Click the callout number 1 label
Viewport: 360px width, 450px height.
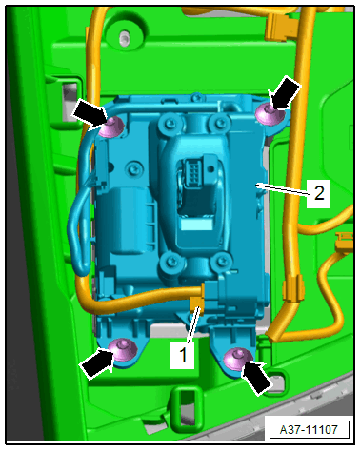pyautogui.click(x=183, y=354)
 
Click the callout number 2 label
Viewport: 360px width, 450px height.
pyautogui.click(x=319, y=193)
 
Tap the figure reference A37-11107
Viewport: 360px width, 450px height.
pyautogui.click(x=309, y=430)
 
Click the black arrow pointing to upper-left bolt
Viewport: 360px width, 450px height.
pyautogui.click(x=90, y=113)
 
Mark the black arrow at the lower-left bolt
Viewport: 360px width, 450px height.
pyautogui.click(x=98, y=362)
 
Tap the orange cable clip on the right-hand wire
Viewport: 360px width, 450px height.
pyautogui.click(x=293, y=289)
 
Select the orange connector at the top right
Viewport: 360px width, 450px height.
pyautogui.click(x=281, y=29)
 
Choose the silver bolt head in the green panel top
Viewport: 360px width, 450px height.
pyautogui.click(x=124, y=36)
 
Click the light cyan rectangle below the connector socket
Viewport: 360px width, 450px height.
pyautogui.click(x=197, y=225)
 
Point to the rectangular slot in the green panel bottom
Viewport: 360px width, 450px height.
pyautogui.click(x=187, y=407)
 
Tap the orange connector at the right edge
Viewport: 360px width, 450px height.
pyautogui.click(x=345, y=241)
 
